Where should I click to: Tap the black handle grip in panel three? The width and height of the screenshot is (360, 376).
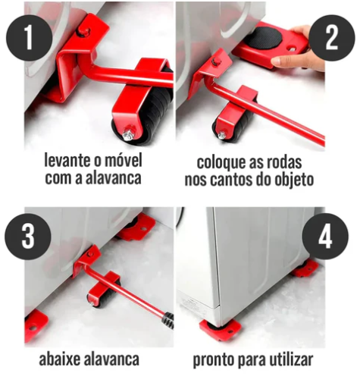tap(169, 321)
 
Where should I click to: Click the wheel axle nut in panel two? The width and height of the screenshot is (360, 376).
tap(221, 135)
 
